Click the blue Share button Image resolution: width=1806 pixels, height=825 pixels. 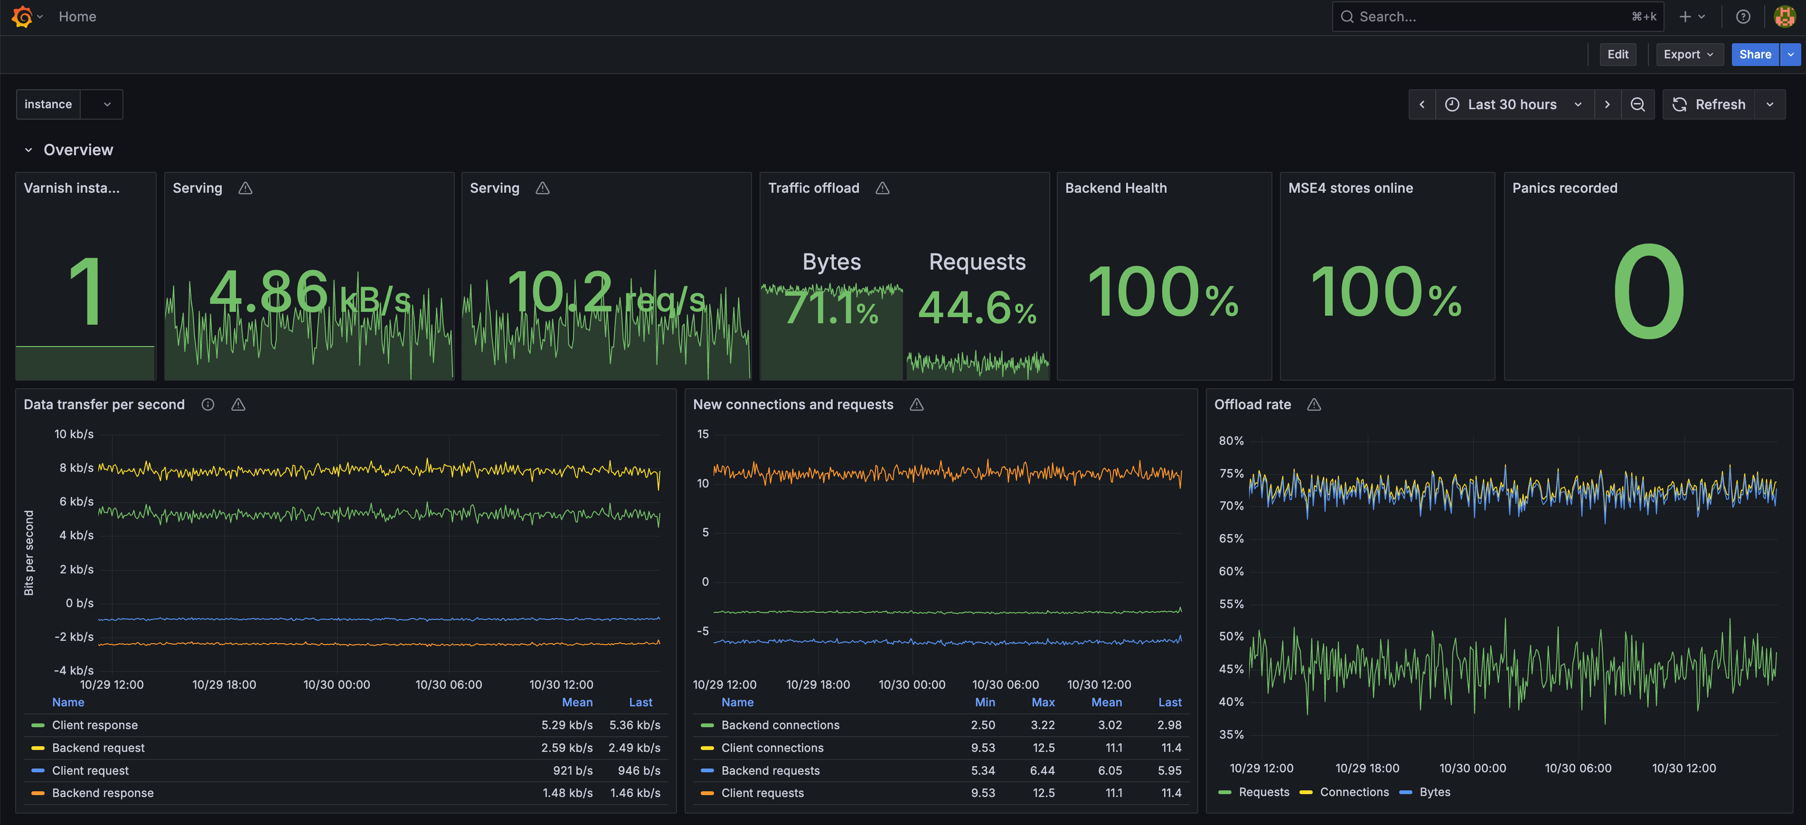[x=1754, y=55]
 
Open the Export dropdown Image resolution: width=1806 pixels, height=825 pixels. [x=1688, y=55]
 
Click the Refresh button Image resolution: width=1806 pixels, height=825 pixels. [x=1709, y=104]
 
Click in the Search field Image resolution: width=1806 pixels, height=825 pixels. [x=1486, y=17]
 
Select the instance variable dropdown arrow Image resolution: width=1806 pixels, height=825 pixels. [x=107, y=104]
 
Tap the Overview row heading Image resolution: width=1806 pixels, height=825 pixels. [x=78, y=150]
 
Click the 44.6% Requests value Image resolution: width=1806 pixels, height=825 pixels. [x=977, y=309]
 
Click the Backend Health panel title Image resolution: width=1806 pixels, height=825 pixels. [x=1115, y=188]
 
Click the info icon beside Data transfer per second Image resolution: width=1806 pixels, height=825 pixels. [x=207, y=404]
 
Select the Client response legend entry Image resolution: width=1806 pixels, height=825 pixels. [x=94, y=725]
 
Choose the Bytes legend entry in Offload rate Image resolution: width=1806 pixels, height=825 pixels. [x=1434, y=792]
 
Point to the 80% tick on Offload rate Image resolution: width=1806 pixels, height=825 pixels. [x=1231, y=441]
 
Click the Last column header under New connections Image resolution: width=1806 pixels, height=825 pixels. [x=1169, y=703]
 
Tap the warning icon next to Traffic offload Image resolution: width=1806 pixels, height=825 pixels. [x=882, y=188]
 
